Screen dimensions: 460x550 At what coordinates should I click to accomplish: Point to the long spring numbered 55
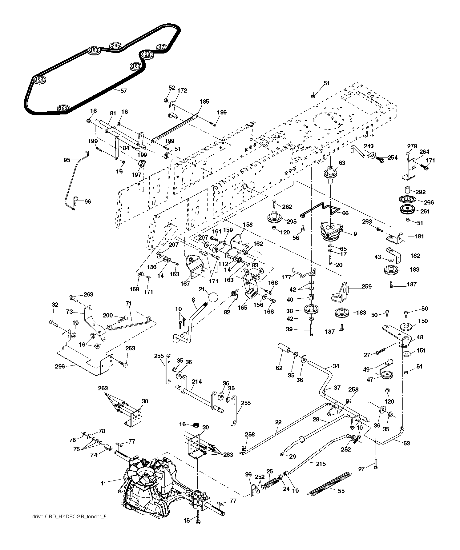(x=330, y=483)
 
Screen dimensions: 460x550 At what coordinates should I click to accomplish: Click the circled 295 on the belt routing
(x=116, y=45)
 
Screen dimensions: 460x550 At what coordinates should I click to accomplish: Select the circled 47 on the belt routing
(x=161, y=47)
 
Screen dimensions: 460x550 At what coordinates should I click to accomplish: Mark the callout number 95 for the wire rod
(x=67, y=160)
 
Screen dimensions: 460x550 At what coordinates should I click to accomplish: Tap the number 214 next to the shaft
(x=197, y=381)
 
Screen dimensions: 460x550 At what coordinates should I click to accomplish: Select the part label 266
(x=429, y=202)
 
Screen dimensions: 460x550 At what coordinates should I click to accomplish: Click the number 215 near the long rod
(x=321, y=464)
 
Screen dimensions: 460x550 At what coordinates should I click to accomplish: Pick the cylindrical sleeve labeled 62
(x=284, y=349)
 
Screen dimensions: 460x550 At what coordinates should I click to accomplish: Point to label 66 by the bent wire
(x=345, y=213)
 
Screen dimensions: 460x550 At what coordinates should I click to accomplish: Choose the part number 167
(x=185, y=284)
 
